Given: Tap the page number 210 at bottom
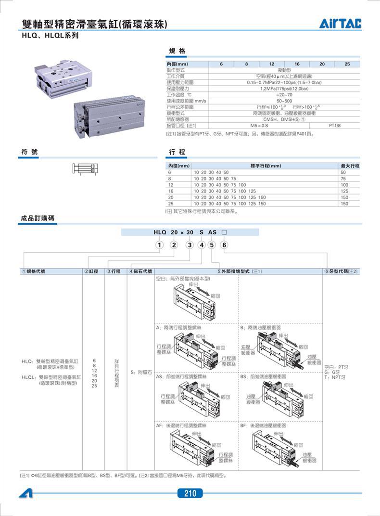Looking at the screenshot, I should (190, 493).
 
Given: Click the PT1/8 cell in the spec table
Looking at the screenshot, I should (334, 125).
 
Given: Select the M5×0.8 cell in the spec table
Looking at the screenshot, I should (259, 125).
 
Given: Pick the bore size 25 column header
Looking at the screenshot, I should (347, 64).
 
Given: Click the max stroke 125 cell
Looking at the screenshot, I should (344, 191).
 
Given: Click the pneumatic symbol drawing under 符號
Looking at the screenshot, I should (87, 169).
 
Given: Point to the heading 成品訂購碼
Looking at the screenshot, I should (38, 218).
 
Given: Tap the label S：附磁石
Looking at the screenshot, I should (141, 372).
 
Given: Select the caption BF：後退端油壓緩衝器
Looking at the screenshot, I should (263, 426).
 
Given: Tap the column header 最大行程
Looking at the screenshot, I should (350, 166).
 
